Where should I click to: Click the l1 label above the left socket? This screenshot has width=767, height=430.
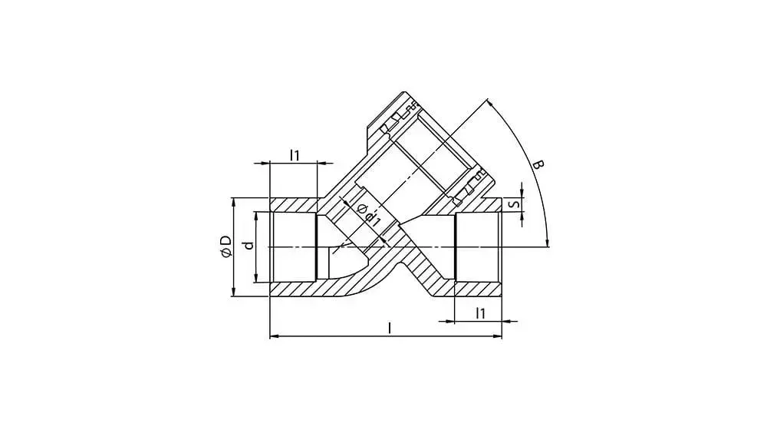295,155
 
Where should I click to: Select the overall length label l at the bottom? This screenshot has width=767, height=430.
390,328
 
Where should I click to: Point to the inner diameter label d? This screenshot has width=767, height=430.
247,246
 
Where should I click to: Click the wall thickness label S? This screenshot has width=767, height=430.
515,204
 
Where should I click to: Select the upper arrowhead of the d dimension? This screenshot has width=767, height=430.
255,216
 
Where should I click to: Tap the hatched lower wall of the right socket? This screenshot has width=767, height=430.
477,289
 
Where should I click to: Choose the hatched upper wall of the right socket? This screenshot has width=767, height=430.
479,206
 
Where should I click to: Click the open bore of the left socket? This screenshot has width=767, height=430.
293,247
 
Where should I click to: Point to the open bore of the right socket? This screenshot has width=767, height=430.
477,247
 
